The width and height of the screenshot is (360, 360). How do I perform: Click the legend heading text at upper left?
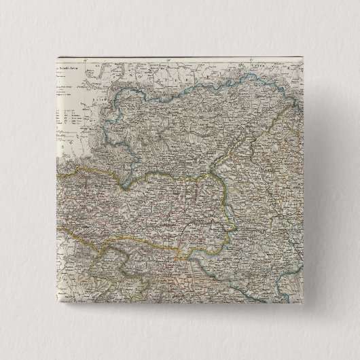(69, 69)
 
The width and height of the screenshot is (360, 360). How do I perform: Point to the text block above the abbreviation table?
(68, 85)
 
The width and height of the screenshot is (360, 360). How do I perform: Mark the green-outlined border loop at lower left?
(112, 272)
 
